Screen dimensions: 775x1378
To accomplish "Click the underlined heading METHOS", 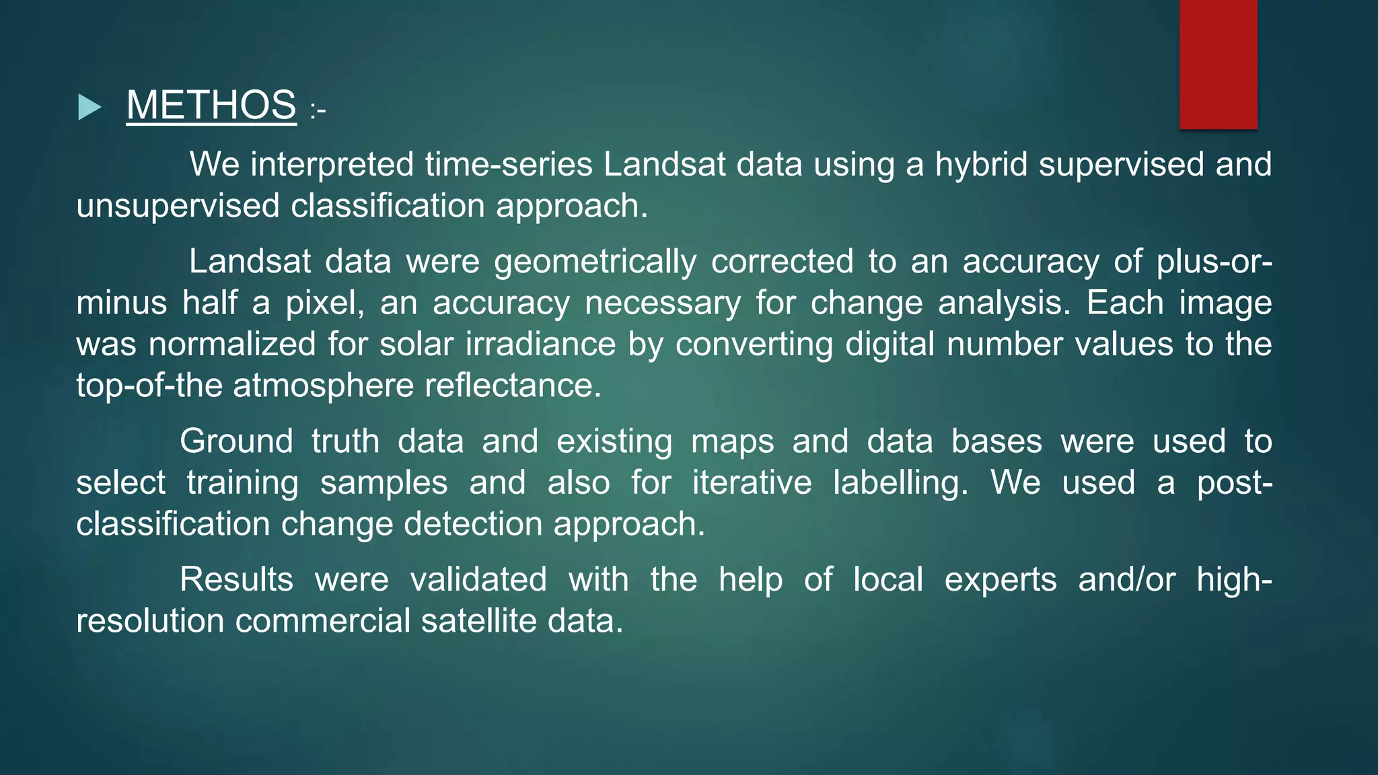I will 211,105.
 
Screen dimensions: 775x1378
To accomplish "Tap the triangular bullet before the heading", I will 89,107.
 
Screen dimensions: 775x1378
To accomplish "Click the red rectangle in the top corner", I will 1218,64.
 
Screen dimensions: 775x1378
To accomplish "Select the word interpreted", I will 332,164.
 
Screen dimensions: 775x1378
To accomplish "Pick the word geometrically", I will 595,262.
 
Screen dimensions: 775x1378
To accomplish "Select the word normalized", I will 232,344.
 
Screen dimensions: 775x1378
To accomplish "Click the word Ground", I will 236,441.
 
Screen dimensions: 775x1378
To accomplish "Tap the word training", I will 242,483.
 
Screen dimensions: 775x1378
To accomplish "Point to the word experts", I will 1001,579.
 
